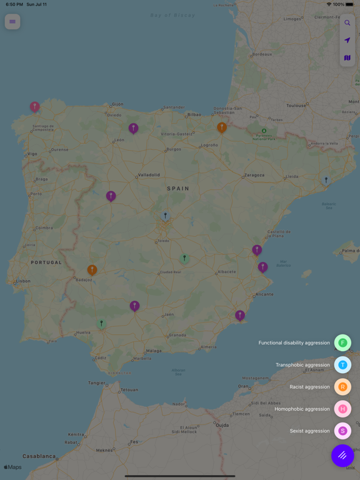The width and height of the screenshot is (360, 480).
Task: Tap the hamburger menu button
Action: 12,22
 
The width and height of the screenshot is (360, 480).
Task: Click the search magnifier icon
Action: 347,23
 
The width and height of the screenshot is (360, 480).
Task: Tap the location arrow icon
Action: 347,41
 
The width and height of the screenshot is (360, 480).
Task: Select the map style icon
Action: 347,58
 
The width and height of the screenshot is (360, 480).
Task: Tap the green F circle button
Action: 342,342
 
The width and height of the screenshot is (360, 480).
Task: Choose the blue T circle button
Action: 342,365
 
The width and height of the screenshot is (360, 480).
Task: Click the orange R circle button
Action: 342,387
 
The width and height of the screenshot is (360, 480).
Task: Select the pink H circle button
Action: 342,409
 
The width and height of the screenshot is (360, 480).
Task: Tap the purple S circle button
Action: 342,431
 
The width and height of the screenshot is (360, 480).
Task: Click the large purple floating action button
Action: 342,456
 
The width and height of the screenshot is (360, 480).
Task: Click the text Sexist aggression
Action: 309,431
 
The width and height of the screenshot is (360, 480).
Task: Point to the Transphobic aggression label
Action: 302,365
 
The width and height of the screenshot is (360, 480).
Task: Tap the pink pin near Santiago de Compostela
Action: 35,107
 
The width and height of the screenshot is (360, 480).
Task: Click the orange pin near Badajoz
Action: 92,270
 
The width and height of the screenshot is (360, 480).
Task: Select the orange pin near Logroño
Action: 222,127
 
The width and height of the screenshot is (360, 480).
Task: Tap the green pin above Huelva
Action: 101,324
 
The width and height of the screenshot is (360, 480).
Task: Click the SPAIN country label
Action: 177,188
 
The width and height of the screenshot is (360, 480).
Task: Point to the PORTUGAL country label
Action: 47,262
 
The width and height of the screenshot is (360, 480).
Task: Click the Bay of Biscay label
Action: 172,15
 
